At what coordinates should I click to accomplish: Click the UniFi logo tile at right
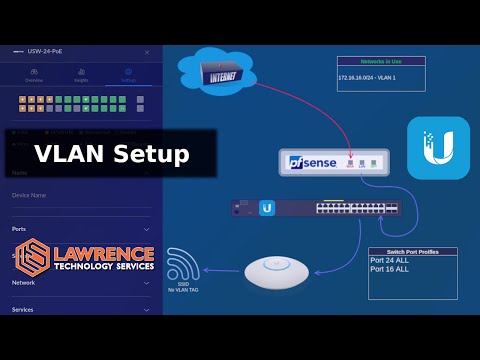tap(438, 148)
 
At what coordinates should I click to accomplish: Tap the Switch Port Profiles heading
tap(411, 251)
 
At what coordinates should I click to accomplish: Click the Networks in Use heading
tap(381, 61)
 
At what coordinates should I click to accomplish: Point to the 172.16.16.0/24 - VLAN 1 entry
tap(374, 78)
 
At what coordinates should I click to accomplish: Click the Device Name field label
tap(31, 195)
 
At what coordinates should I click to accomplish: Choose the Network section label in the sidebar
tap(24, 283)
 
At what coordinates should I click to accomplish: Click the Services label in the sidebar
tap(23, 309)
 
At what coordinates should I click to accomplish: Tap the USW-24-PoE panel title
tap(54, 52)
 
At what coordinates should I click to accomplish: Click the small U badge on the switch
tap(267, 208)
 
